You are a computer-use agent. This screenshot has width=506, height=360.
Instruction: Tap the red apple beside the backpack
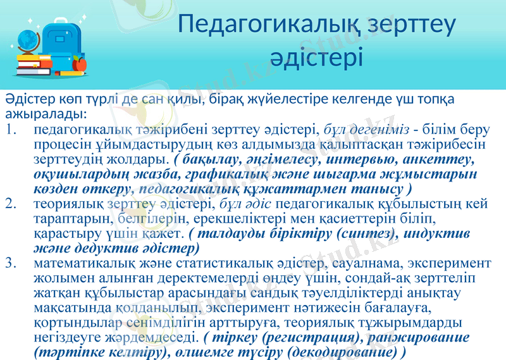[x=79, y=63]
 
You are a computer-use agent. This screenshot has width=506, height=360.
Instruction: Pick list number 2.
[x=10, y=204]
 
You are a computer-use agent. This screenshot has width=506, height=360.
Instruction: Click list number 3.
[x=10, y=262]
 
